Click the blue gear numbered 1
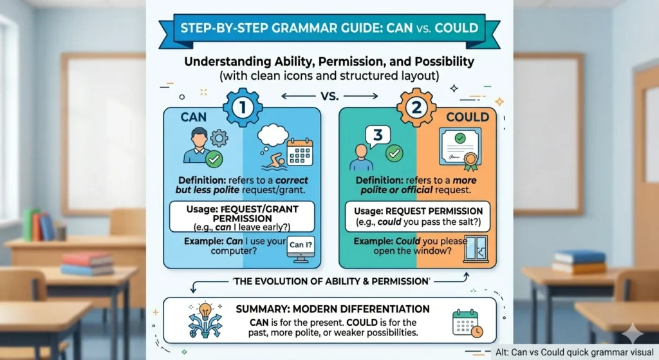point(243,108)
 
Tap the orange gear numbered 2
point(416,108)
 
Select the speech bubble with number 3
point(378,137)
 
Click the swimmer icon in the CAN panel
point(275,162)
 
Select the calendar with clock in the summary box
point(468,323)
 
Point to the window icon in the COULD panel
point(477,249)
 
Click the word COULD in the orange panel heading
point(467,117)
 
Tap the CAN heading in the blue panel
point(193,117)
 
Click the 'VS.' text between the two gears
point(329,97)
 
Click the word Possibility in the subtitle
point(444,62)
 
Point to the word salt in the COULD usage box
point(470,222)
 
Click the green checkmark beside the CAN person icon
point(214,159)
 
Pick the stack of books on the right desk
point(580,261)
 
